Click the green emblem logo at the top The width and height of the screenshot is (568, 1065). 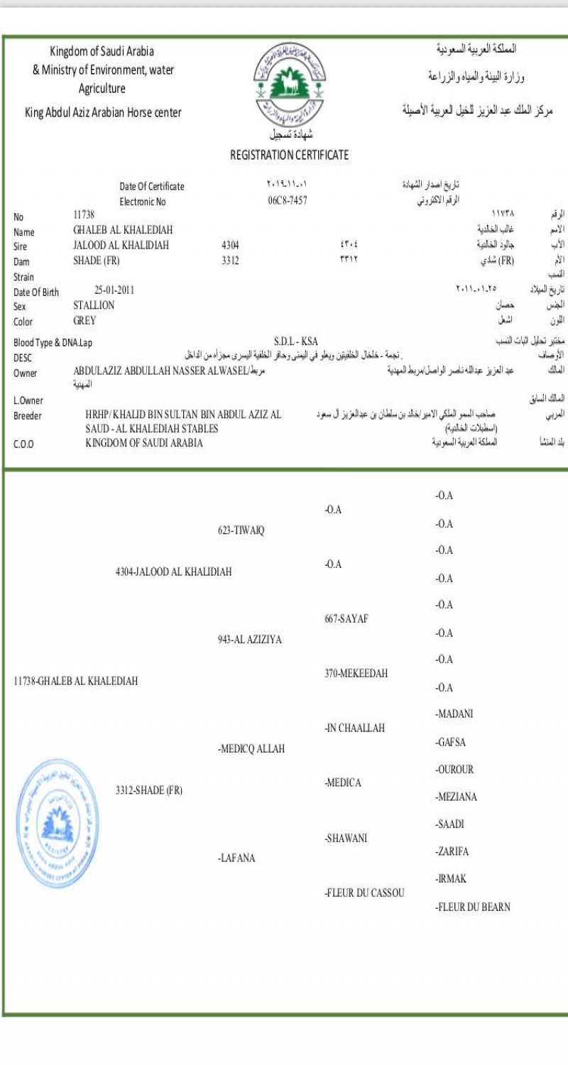coord(288,84)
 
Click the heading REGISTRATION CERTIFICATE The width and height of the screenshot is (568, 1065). coord(289,155)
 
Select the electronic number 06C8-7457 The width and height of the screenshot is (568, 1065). coord(287,201)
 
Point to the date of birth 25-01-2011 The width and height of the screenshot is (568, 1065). coord(114,290)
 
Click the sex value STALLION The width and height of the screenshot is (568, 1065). coord(94,305)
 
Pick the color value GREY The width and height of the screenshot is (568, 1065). coord(84,321)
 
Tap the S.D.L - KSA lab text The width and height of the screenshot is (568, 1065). coord(295,342)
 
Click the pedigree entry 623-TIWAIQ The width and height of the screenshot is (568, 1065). coord(241,530)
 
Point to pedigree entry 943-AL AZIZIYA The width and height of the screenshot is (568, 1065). coord(249,640)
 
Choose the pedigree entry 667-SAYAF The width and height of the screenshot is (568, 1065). coord(346,618)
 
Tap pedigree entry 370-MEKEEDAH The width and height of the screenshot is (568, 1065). coord(356,673)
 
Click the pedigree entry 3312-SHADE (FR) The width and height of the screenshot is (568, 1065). coord(149,790)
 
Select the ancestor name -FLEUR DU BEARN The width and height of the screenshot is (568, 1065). coord(473,907)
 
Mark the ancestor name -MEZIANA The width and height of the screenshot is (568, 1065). coord(456,797)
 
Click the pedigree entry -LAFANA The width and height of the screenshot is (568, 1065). coord(236,858)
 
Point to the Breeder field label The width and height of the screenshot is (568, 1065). coord(28,416)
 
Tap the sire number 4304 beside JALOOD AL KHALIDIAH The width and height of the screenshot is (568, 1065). coord(231,246)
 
